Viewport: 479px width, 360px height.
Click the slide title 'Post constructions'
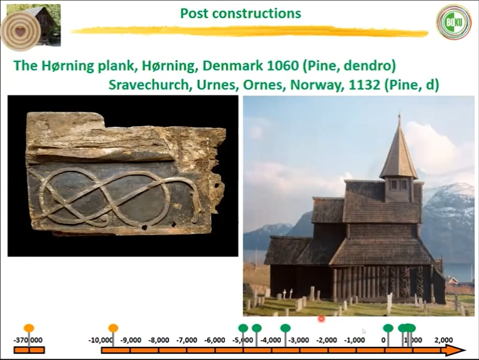pos(240,14)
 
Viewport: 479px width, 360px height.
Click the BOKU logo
pos(453,22)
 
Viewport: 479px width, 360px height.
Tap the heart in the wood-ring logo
pos(20,31)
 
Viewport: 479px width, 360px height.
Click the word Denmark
pos(232,66)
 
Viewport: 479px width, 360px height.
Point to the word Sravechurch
pos(148,85)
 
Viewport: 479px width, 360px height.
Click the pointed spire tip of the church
pos(399,115)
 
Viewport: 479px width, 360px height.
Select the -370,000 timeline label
pos(28,340)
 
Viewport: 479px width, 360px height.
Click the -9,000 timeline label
pos(131,340)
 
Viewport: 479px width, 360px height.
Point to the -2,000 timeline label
pos(326,340)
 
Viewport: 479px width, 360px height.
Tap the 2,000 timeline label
pos(443,340)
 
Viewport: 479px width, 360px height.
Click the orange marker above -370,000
pos(29,328)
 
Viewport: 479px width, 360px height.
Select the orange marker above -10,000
pos(113,328)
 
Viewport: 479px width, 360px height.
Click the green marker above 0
pos(388,328)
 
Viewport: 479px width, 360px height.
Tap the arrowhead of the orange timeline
pos(455,350)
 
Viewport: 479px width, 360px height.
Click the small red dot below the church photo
pos(321,319)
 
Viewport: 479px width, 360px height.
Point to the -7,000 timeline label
pos(187,340)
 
